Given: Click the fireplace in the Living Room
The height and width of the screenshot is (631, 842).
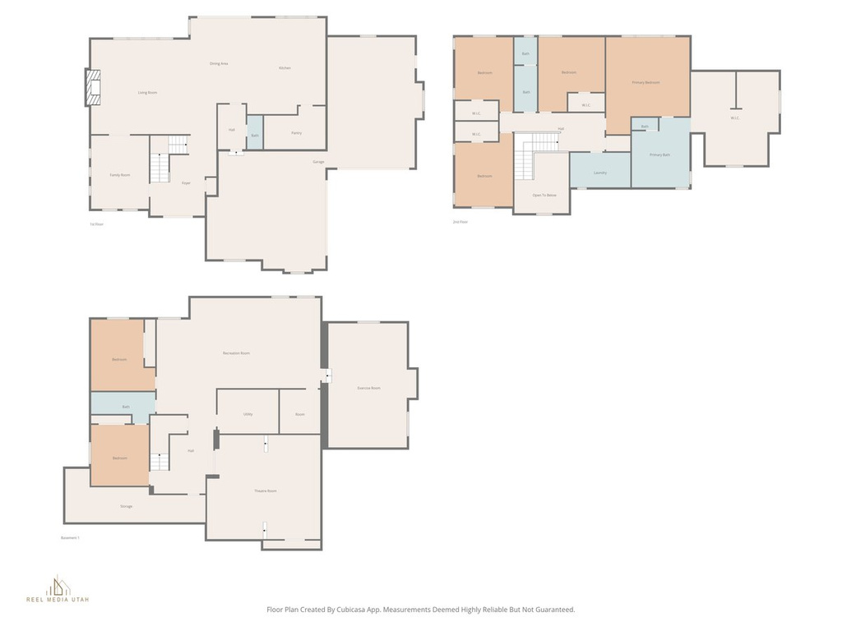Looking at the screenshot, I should [x=93, y=87].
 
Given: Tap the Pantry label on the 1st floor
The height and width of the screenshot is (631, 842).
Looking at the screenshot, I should [x=296, y=132].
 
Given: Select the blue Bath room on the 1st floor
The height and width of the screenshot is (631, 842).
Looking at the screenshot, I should [x=255, y=134].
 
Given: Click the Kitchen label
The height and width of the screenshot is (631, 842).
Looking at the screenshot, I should [x=285, y=68].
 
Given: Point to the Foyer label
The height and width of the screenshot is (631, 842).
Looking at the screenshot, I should [x=186, y=182].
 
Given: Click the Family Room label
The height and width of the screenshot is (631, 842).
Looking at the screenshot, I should [x=120, y=175].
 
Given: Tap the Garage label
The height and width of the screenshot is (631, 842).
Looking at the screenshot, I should [x=317, y=162].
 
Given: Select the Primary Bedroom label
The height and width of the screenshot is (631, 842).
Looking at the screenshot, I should [x=646, y=82].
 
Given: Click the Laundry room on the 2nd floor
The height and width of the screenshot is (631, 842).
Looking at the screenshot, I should [x=600, y=172].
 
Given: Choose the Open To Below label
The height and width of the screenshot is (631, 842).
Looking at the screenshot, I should [x=544, y=195].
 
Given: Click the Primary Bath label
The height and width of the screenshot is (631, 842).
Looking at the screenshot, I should [x=660, y=154].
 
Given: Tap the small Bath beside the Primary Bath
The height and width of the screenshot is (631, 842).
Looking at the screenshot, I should [x=645, y=126].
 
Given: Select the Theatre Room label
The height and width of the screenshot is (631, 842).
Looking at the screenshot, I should [x=265, y=491].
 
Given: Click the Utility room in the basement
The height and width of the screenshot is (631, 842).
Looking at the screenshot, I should [x=248, y=414].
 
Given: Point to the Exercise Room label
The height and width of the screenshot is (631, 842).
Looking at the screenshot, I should [x=368, y=388].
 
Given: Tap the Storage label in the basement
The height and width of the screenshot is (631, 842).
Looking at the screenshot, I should [x=126, y=506].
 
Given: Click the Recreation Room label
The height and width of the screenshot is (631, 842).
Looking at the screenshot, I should [x=236, y=352].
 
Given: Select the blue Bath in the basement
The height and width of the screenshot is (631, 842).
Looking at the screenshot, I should [x=125, y=407].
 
